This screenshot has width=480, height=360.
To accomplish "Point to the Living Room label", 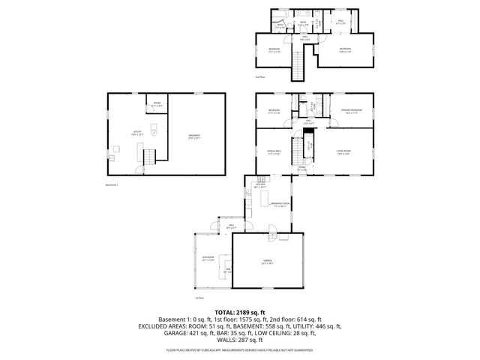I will coord(343,152).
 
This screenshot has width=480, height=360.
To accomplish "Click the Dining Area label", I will coord(274,152).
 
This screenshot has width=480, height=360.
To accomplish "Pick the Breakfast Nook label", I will coord(280,205).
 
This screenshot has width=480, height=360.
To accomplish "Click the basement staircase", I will coord(149,157).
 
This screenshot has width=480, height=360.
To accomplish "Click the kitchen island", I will coord(264,199).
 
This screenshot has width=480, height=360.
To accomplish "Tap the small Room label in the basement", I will coord(157,104).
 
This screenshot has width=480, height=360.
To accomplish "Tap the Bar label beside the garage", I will coord(228,271).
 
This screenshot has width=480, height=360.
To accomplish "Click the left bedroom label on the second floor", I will coord(274,51).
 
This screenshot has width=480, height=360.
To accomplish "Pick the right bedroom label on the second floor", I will coord(344,51).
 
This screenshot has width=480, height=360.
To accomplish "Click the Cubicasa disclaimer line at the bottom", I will coord(239,350).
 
